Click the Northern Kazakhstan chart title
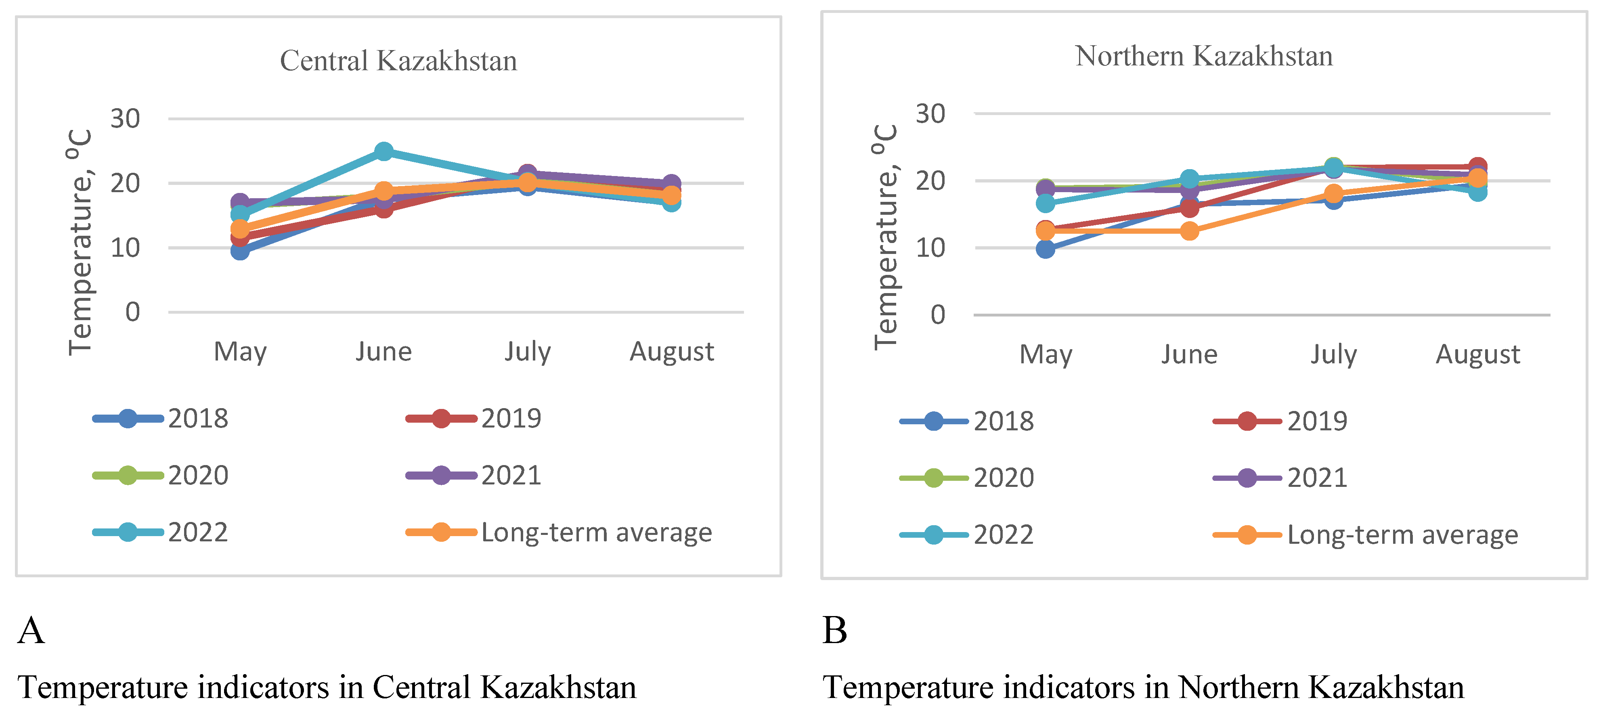[x=1203, y=56]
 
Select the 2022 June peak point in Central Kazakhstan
[x=384, y=151]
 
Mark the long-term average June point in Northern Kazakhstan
[x=1189, y=231]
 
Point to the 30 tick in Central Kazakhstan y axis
[x=125, y=119]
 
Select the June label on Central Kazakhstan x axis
[x=384, y=352]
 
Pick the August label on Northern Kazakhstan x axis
[x=1478, y=354]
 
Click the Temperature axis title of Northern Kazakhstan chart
[x=885, y=237]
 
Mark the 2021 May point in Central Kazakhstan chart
[x=240, y=202]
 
